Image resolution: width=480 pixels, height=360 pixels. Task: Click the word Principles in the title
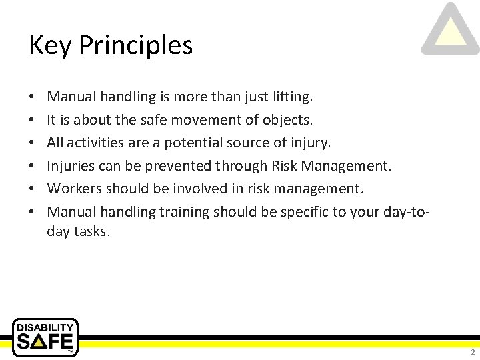136,45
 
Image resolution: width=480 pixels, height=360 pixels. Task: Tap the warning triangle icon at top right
451,30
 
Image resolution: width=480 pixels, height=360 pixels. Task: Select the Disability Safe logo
45,337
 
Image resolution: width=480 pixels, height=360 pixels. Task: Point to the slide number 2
472,352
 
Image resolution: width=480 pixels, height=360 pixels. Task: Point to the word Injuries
70,166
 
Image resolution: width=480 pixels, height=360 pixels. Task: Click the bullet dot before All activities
33,143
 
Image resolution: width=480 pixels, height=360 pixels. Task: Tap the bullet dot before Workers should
33,189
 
